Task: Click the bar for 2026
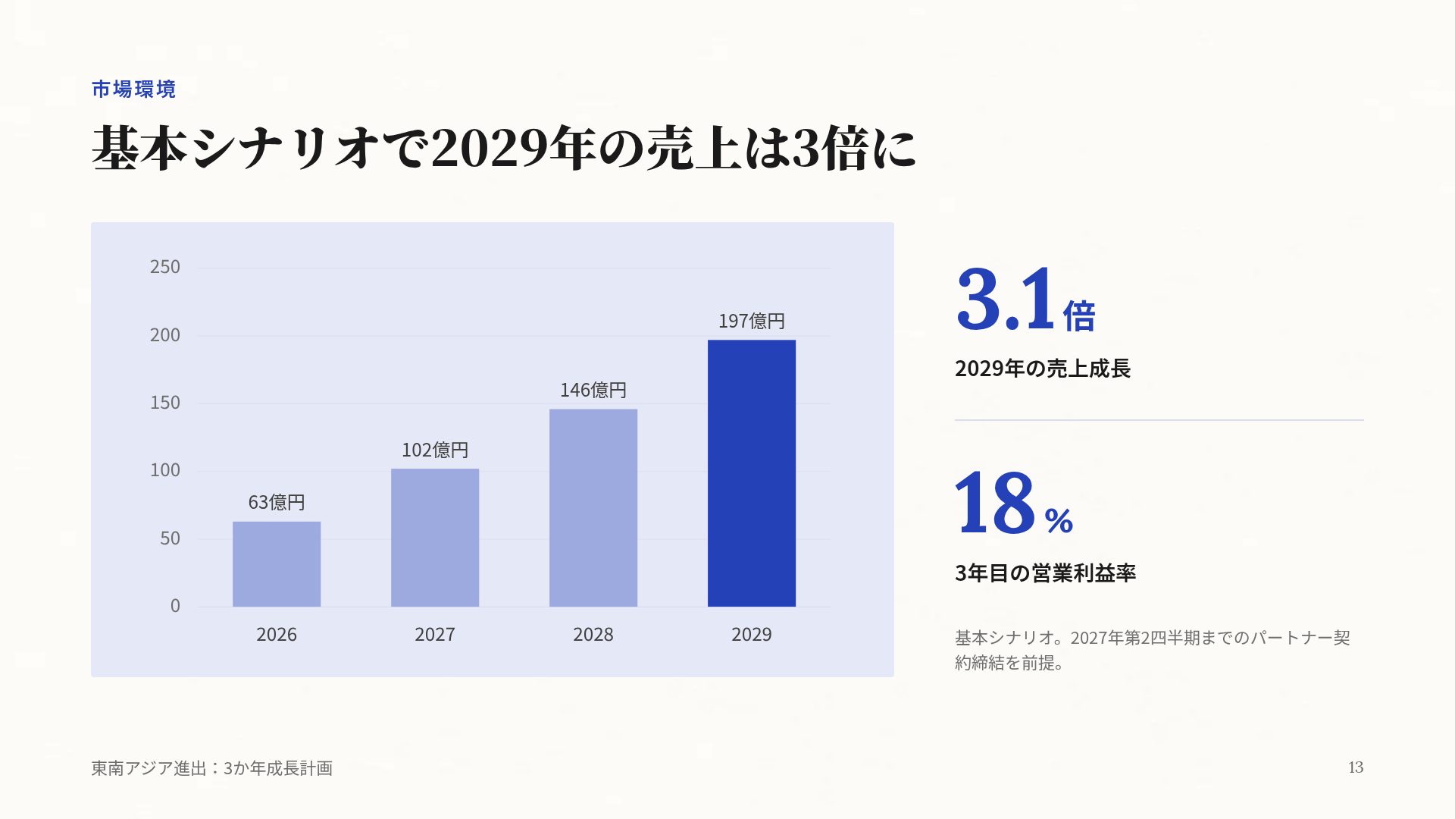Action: pos(277,564)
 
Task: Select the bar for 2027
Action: pos(435,538)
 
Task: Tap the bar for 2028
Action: pos(593,508)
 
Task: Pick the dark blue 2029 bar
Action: pos(752,473)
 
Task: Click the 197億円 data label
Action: pos(752,322)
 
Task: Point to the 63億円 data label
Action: pos(277,503)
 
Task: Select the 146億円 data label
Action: pos(593,391)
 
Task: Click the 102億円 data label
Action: pos(435,450)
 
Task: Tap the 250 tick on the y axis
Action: pos(165,267)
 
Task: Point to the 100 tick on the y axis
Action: pos(165,470)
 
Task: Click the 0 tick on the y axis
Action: pos(175,606)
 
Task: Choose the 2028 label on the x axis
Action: pos(593,635)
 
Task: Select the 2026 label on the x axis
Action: pos(277,635)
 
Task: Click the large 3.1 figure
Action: pos(1006,299)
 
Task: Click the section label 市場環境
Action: pos(133,89)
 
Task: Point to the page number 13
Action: pos(1356,767)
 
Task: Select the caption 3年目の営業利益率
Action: pos(1045,573)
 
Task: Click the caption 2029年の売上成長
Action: pos(1043,369)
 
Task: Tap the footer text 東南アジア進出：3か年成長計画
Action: pos(212,768)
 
